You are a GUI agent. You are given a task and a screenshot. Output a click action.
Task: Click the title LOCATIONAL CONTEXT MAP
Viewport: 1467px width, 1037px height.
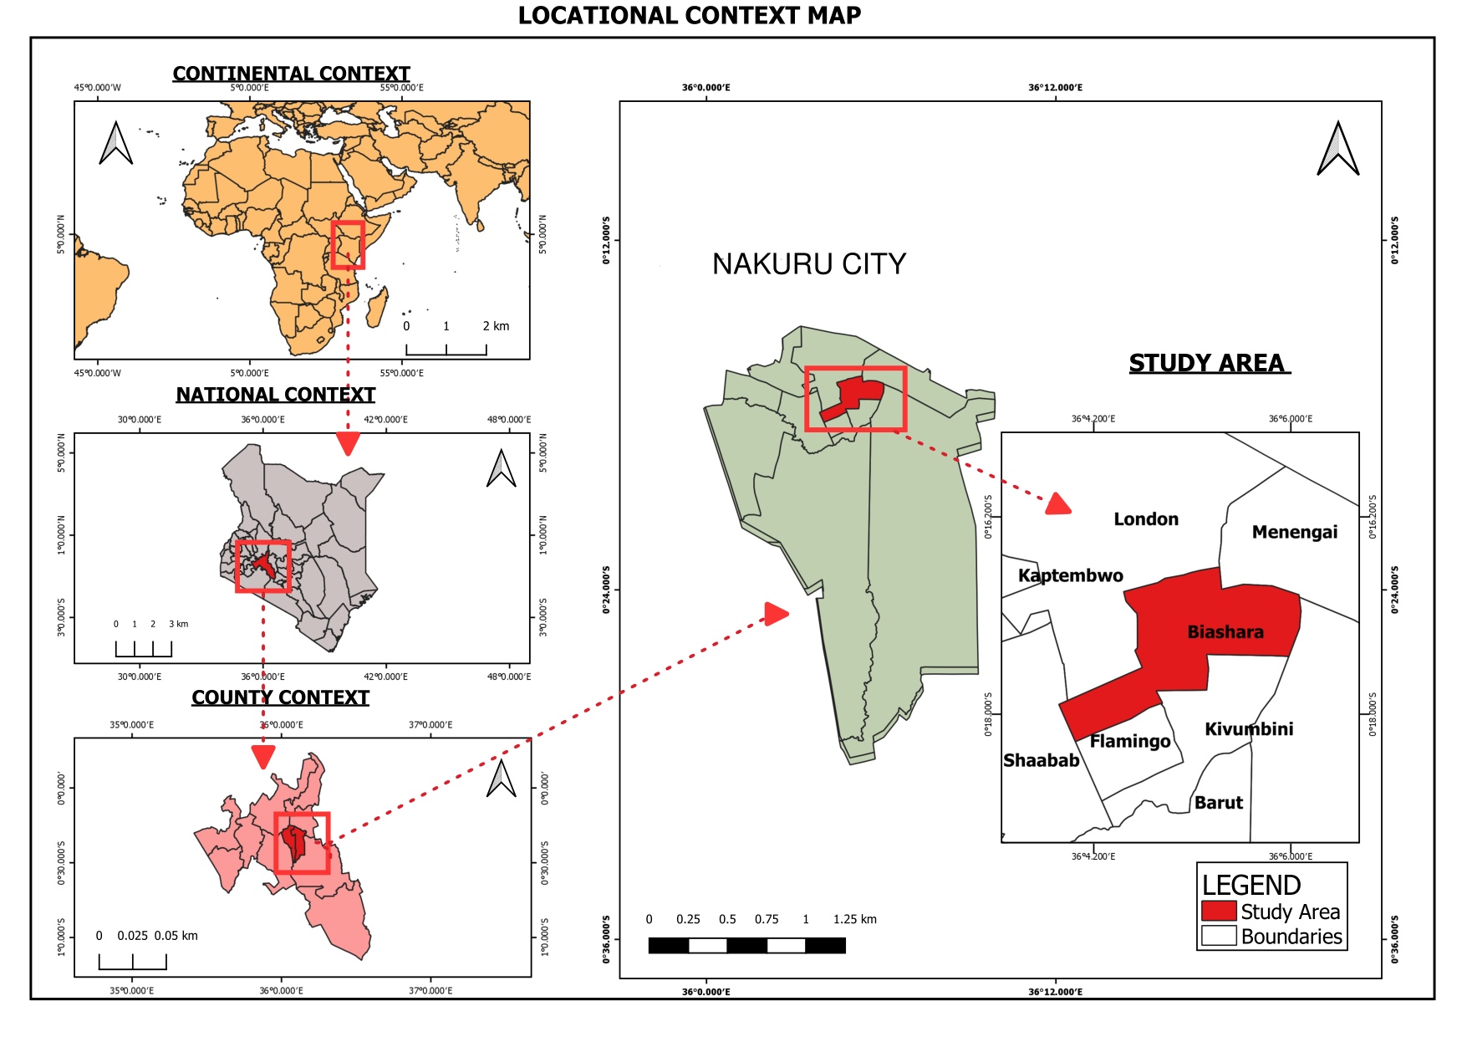click(689, 16)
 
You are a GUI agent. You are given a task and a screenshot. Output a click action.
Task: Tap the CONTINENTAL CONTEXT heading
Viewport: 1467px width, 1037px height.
click(291, 74)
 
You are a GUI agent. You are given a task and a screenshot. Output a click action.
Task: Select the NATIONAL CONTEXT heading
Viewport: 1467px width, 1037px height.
click(275, 395)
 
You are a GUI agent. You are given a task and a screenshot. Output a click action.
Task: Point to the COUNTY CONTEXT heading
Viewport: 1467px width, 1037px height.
click(280, 697)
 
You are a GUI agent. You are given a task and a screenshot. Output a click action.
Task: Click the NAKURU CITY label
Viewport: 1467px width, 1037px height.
click(808, 264)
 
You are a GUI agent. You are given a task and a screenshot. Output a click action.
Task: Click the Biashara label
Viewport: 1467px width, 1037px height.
click(1225, 632)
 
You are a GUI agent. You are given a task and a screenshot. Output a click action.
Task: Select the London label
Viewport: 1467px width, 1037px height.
click(1145, 519)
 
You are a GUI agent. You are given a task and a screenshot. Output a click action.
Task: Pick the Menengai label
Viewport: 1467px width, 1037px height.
click(1294, 533)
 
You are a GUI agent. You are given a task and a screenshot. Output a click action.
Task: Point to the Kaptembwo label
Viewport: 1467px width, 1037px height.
click(1070, 575)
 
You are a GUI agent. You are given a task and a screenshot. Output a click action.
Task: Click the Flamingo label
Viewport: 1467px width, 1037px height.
click(1130, 742)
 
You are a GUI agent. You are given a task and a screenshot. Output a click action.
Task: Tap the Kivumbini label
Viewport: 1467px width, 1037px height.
click(1249, 729)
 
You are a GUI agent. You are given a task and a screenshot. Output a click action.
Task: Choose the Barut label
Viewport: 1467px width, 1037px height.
click(1218, 803)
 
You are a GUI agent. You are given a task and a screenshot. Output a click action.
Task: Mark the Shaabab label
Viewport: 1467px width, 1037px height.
click(1041, 760)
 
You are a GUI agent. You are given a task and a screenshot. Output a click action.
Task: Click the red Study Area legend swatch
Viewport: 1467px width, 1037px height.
click(1219, 911)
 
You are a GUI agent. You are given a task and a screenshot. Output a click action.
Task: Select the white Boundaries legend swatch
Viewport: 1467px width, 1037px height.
click(1219, 936)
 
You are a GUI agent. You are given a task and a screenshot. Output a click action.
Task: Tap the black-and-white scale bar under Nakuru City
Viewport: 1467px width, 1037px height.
click(746, 945)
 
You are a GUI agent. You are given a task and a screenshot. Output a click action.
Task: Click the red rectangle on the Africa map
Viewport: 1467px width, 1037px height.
click(348, 245)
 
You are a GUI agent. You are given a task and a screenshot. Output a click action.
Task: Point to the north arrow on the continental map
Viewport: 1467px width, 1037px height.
click(116, 143)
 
